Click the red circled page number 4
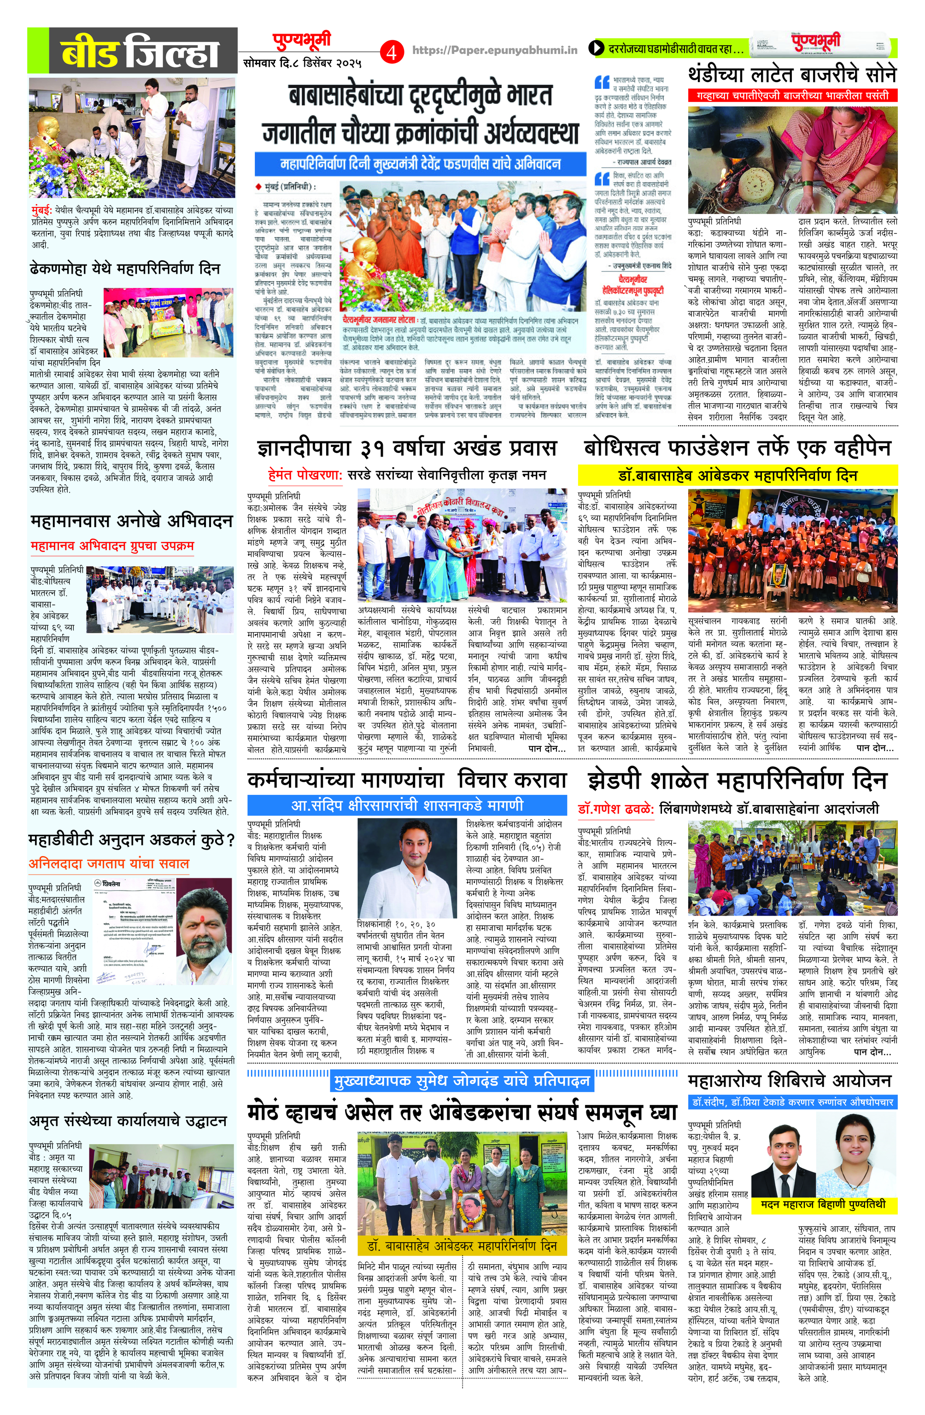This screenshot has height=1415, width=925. (391, 53)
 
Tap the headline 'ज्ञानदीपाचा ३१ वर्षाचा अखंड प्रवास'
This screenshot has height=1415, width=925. (407, 448)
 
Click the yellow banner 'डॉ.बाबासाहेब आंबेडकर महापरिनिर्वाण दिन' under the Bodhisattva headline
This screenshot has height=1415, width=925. (737, 476)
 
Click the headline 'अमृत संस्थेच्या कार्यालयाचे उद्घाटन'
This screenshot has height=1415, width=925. (128, 1121)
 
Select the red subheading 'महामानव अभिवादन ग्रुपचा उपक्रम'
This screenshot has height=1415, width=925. (112, 545)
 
